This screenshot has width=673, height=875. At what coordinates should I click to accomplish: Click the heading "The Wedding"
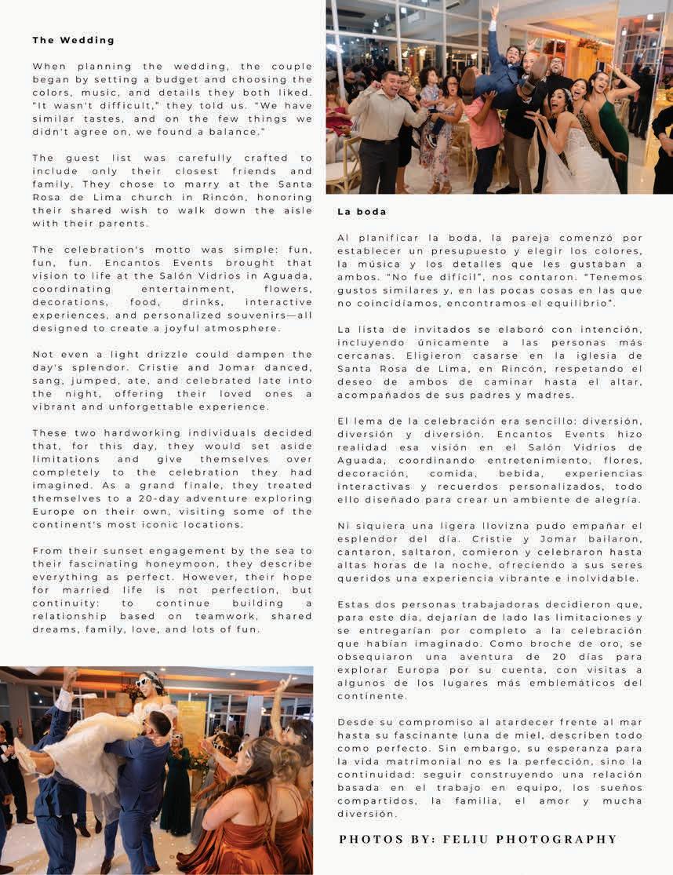coord(73,40)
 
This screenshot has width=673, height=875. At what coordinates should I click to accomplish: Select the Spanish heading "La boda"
coord(362,212)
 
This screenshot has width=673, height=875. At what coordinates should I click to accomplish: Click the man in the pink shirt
coord(485,133)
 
